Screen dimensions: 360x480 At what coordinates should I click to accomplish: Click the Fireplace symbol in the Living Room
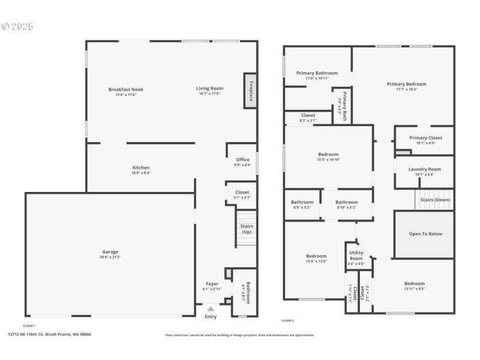[x=250, y=91]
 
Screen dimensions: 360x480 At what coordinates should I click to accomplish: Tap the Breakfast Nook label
[x=125, y=89]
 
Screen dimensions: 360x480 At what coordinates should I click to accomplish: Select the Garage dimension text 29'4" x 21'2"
[x=110, y=257]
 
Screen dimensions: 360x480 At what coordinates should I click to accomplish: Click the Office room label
[x=242, y=160]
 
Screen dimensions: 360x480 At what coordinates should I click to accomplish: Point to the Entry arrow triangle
[x=211, y=308]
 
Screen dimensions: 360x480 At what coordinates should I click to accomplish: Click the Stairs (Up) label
[x=246, y=229]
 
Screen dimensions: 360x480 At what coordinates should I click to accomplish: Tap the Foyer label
[x=212, y=284]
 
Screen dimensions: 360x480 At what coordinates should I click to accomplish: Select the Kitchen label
[x=141, y=167]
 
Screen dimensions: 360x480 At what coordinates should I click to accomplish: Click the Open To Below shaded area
[x=425, y=234]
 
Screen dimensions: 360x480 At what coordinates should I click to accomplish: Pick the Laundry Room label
[x=424, y=169]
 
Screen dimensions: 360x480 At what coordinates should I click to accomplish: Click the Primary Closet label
[x=425, y=138]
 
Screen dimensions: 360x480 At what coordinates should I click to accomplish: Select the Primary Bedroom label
[x=406, y=84]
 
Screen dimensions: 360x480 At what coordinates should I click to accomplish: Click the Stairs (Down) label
[x=436, y=199]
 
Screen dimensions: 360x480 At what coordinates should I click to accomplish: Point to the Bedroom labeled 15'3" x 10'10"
[x=328, y=154]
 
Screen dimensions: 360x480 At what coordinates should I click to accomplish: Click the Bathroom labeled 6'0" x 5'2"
[x=302, y=202]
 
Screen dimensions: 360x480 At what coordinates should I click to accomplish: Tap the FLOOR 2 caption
[x=288, y=321]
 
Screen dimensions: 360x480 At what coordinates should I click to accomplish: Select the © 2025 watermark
[x=18, y=27]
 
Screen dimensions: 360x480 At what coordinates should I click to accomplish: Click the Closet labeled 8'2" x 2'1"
[x=308, y=115]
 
